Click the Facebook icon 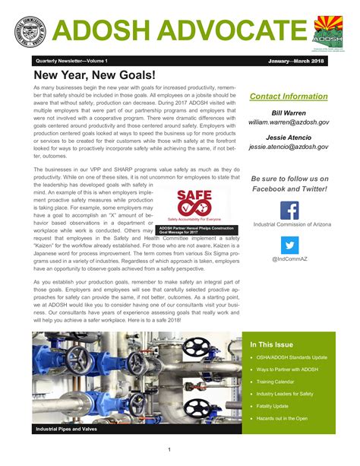289,210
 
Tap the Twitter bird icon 289,245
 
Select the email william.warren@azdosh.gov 290,121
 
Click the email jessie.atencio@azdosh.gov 290,146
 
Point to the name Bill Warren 290,112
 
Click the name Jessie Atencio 290,137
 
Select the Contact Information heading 289,97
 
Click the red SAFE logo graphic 194,203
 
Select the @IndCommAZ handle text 289,259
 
